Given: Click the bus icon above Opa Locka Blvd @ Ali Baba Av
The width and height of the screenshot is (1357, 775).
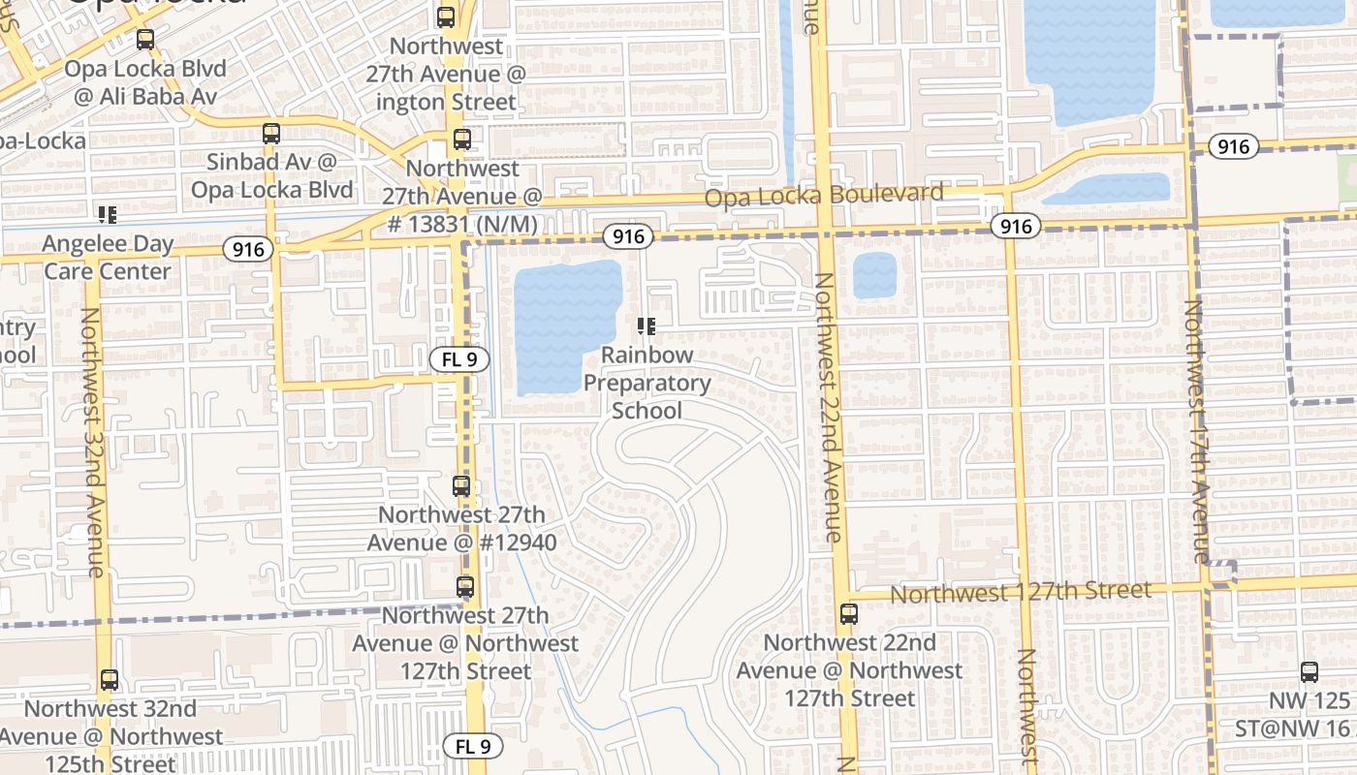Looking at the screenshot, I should (x=145, y=40).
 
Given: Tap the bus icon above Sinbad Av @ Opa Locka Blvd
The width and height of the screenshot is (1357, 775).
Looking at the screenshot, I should (x=271, y=134).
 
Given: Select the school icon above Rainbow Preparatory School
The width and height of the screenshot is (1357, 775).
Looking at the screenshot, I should (x=647, y=326).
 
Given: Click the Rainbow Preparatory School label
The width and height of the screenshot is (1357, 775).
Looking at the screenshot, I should (x=647, y=383).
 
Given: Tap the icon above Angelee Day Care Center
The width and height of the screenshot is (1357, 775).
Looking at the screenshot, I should (x=108, y=214).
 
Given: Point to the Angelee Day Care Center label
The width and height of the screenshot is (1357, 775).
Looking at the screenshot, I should (x=108, y=258).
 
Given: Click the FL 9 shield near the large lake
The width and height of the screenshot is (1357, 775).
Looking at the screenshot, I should (x=459, y=360).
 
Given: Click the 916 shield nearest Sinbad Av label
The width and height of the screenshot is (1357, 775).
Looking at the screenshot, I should (x=248, y=249).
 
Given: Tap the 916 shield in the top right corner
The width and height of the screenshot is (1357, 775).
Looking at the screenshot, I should (x=1233, y=146).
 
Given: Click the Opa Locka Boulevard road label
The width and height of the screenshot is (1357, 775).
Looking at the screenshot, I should (x=824, y=195).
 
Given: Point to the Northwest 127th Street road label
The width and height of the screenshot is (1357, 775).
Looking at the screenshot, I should (x=1021, y=591).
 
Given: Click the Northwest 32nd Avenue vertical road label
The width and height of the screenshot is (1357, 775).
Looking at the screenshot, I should (x=93, y=442).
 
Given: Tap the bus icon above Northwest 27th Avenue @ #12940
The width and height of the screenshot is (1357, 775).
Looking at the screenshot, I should (x=462, y=486).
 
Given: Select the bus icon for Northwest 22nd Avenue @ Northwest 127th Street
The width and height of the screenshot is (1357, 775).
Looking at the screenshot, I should (x=849, y=613).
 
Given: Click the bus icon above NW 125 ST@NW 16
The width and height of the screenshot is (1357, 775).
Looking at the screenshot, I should (x=1310, y=671).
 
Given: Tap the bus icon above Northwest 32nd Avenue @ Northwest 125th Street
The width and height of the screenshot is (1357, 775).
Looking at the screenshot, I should (x=110, y=680).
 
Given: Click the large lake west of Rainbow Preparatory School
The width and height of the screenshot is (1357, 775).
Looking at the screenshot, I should (x=566, y=325).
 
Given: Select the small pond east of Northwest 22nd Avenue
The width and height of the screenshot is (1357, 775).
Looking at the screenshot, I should (x=874, y=275).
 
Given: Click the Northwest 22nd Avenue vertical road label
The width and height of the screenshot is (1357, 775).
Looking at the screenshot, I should (x=827, y=407).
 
